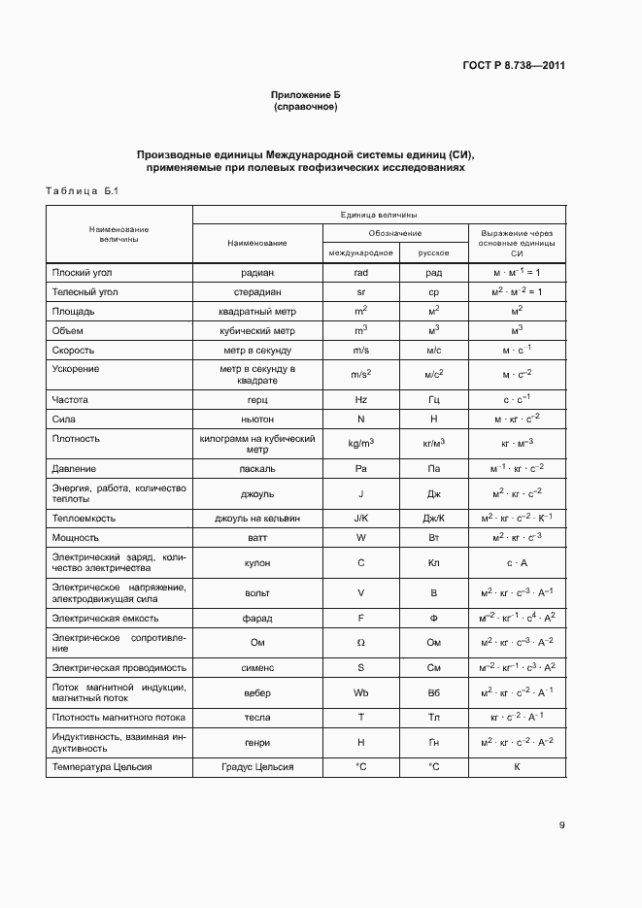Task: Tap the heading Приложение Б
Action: pyautogui.click(x=306, y=95)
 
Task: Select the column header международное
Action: pyautogui.click(x=360, y=252)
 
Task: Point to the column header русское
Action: pyautogui.click(x=433, y=252)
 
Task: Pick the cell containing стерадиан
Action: pyautogui.click(x=257, y=291)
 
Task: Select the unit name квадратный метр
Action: pyautogui.click(x=257, y=311)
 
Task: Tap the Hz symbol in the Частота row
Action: pyautogui.click(x=360, y=399)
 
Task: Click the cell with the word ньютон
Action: pyautogui.click(x=257, y=419)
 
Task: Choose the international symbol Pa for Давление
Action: pyautogui.click(x=360, y=468)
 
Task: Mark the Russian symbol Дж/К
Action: pyautogui.click(x=433, y=518)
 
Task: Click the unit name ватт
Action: pyautogui.click(x=257, y=537)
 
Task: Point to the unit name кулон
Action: pyautogui.click(x=257, y=562)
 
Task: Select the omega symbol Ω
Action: pyautogui.click(x=360, y=642)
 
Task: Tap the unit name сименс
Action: pyautogui.click(x=257, y=667)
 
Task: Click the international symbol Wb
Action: pyautogui.click(x=360, y=692)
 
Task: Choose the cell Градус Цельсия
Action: pyautogui.click(x=257, y=767)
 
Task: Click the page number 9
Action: pyautogui.click(x=561, y=825)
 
